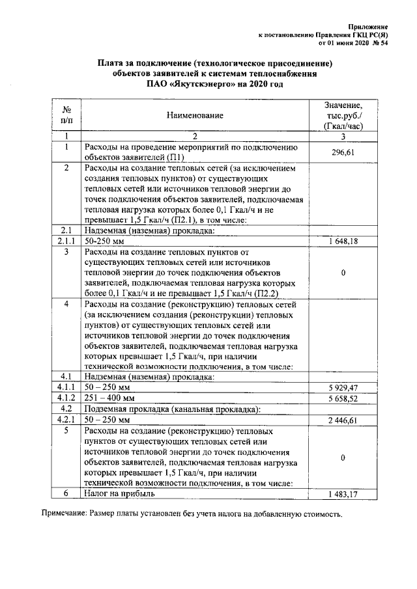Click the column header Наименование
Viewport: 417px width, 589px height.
click(x=194, y=115)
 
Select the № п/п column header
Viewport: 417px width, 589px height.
click(x=66, y=115)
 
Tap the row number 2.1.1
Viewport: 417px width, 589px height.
click(x=66, y=241)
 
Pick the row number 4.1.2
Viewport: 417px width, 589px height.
click(x=66, y=398)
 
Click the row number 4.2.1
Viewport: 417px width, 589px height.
click(x=66, y=420)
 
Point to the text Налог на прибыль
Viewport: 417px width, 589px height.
click(x=119, y=494)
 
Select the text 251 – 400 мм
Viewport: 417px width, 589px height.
click(x=109, y=398)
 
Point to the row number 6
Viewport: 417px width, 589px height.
click(x=66, y=494)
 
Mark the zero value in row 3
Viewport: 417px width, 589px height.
click(x=343, y=273)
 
